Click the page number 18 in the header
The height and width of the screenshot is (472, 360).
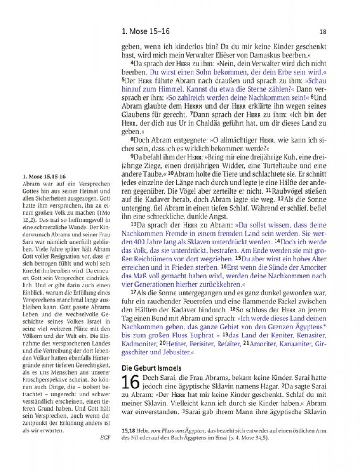tap(323, 32)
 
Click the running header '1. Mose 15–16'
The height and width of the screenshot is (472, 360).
tap(145, 31)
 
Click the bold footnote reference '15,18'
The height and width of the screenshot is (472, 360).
tap(129, 430)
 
